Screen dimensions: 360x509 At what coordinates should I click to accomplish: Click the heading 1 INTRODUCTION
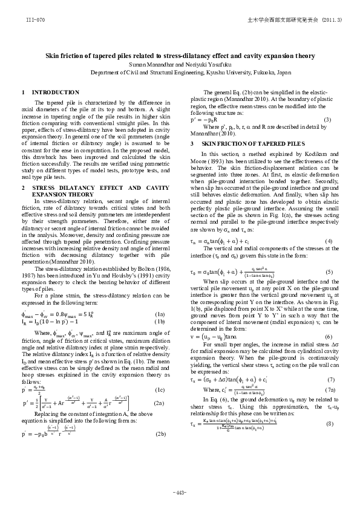tap(46, 92)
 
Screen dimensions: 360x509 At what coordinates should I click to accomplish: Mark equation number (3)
tap(327, 120)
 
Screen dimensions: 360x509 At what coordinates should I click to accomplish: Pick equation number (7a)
tap(327, 373)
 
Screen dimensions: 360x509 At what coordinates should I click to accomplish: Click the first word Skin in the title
tap(54, 55)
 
